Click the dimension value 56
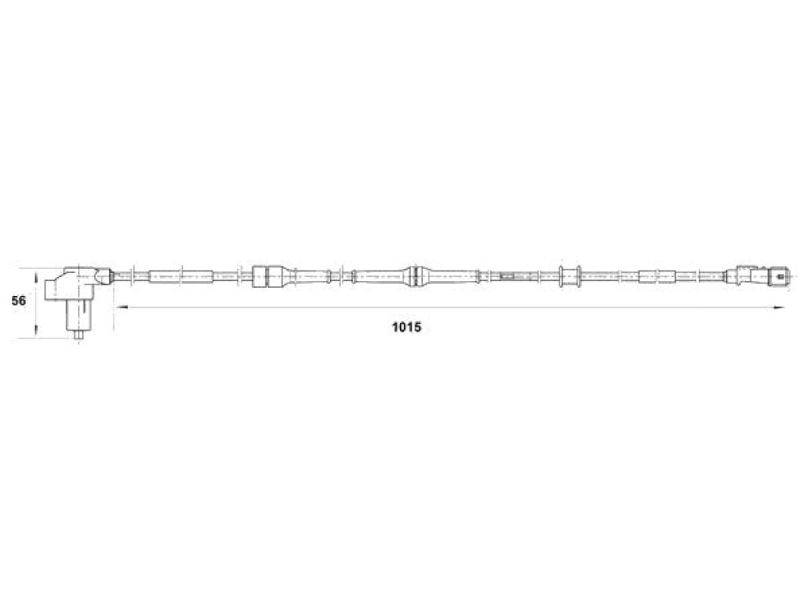click(19, 301)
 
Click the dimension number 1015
click(406, 327)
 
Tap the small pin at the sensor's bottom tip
click(79, 335)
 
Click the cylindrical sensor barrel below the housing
click(79, 316)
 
